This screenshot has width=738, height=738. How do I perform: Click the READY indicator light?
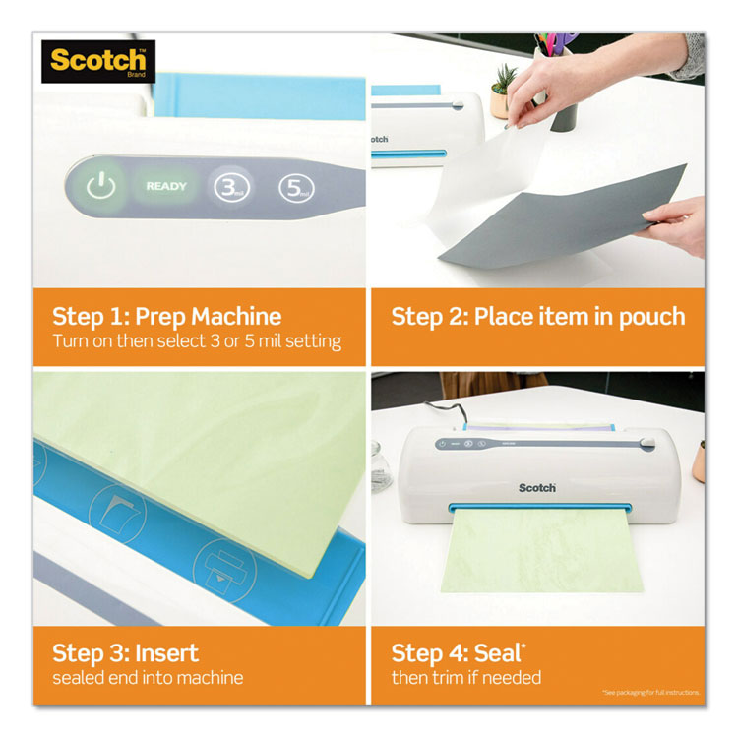click(166, 186)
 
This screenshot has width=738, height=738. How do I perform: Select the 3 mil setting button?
click(230, 187)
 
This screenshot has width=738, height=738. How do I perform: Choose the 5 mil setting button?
click(294, 187)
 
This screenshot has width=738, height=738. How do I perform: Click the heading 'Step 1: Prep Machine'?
click(166, 317)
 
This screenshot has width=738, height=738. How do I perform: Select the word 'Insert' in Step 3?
click(166, 653)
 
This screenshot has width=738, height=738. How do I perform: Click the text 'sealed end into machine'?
click(148, 678)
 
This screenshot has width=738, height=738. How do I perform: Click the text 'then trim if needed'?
click(466, 678)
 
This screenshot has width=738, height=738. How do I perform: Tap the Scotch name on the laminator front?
click(537, 488)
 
